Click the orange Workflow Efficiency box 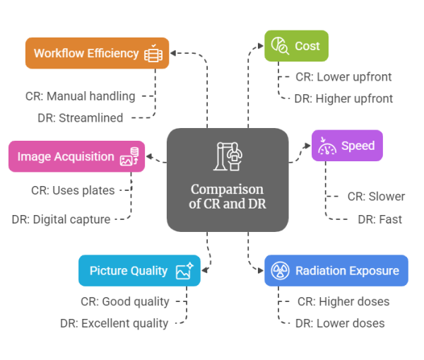97,53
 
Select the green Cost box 296,46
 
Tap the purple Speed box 347,146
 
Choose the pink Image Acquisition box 76,156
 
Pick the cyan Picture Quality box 139,270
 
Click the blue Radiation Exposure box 336,270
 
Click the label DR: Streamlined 81,117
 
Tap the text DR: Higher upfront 343,98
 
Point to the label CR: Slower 376,196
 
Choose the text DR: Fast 379,219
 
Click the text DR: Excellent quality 114,323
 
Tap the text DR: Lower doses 341,323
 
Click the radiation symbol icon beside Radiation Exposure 279,270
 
